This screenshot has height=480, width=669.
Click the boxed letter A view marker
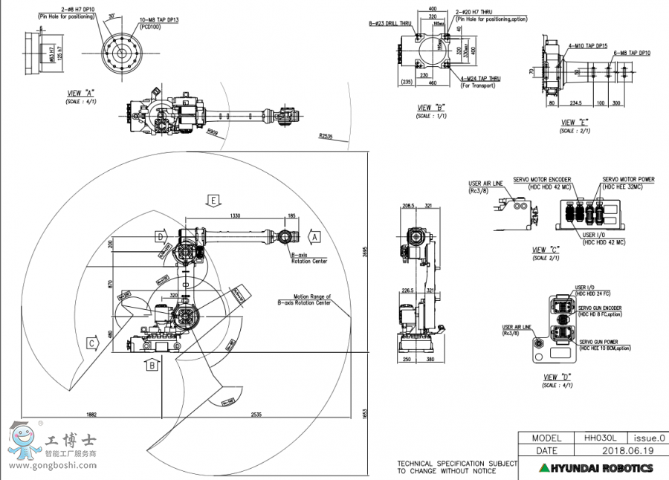(x=314, y=236)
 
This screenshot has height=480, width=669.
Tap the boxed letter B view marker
(x=152, y=365)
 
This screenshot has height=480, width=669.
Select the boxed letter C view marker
(x=91, y=343)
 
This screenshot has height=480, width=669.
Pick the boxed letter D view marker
(x=159, y=236)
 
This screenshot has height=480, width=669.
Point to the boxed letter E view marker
(x=213, y=201)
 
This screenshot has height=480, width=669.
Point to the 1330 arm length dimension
(x=235, y=215)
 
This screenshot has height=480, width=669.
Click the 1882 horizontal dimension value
(x=91, y=414)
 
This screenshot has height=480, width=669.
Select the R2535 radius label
(x=324, y=136)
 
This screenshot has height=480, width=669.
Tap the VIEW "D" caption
(x=555, y=377)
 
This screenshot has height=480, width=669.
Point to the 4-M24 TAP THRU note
(x=480, y=78)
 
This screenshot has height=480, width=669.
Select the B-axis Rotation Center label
(x=309, y=258)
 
